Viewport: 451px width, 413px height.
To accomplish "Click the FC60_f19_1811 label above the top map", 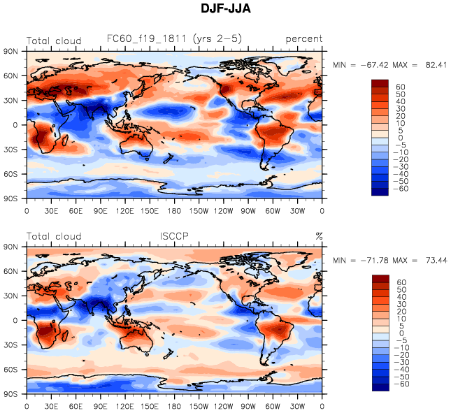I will tap(174, 39).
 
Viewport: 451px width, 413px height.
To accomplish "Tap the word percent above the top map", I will tap(303, 40).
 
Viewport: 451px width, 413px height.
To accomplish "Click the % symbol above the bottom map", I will tap(319, 236).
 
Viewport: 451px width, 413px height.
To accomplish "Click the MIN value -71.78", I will tap(374, 260).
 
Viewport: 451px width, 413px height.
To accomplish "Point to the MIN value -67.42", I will tap(374, 64).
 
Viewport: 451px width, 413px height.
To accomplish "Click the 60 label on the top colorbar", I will tap(400, 87).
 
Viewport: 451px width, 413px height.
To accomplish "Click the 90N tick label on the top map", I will tap(12, 51).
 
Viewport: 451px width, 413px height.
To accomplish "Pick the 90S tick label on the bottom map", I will tap(12, 394).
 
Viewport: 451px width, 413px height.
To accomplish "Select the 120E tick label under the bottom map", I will tap(125, 406).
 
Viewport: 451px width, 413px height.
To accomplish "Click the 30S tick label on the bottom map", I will tap(12, 345).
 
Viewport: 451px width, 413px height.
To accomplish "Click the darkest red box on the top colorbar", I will tap(380, 83).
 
